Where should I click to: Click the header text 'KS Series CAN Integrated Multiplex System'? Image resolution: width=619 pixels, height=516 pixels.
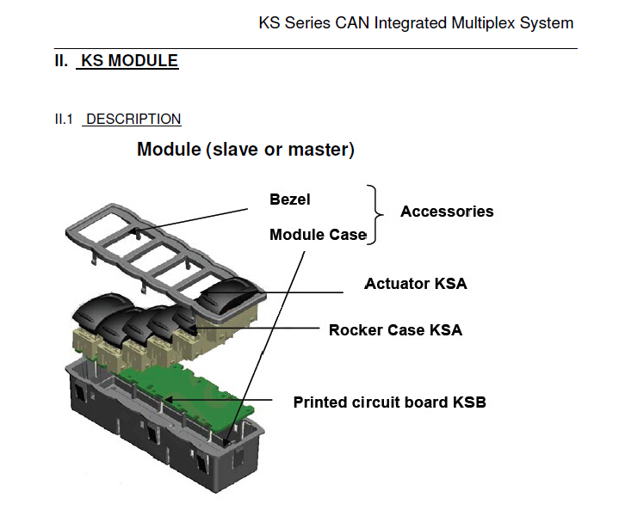coord(416,23)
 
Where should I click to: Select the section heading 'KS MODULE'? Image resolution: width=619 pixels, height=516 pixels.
coord(129,61)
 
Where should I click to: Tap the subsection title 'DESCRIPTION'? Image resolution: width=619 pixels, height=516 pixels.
coord(133,120)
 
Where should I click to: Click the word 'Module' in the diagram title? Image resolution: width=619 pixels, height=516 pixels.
coord(169,150)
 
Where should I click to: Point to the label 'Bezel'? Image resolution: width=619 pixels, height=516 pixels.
coord(289,200)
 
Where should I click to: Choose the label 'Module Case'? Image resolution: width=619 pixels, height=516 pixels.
coord(318,235)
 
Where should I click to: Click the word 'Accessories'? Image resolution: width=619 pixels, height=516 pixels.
coord(447,212)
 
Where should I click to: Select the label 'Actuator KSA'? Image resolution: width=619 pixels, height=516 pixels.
coord(416,283)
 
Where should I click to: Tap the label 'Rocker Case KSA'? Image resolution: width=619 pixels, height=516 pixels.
coord(395,329)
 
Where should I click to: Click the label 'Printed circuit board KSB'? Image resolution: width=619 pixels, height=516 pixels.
coord(389,402)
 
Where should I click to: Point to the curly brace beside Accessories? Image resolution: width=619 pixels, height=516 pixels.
coord(374,214)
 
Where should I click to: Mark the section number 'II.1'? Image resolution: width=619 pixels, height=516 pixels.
coord(65,120)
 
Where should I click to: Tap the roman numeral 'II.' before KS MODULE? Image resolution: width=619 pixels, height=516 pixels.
coord(61,61)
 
